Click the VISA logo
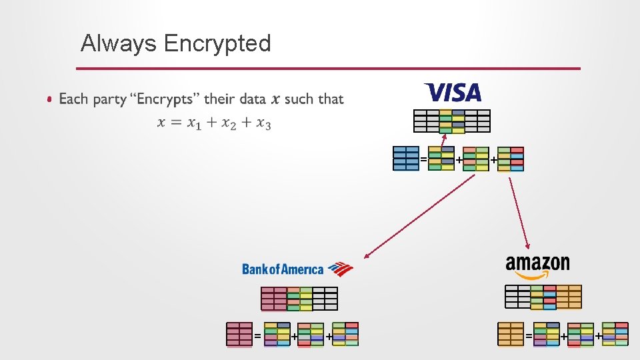[x=453, y=92]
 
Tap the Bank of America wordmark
[x=282, y=269]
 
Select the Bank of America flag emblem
[x=340, y=269]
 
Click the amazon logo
[x=537, y=265]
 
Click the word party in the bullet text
[x=109, y=99]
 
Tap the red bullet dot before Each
[x=50, y=100]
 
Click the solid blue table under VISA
[x=406, y=159]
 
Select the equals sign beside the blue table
[x=423, y=159]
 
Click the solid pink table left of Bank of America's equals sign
[x=239, y=334]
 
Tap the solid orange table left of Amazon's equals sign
[x=511, y=334]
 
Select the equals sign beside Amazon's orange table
[x=528, y=336]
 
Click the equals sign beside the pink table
[x=257, y=336]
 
